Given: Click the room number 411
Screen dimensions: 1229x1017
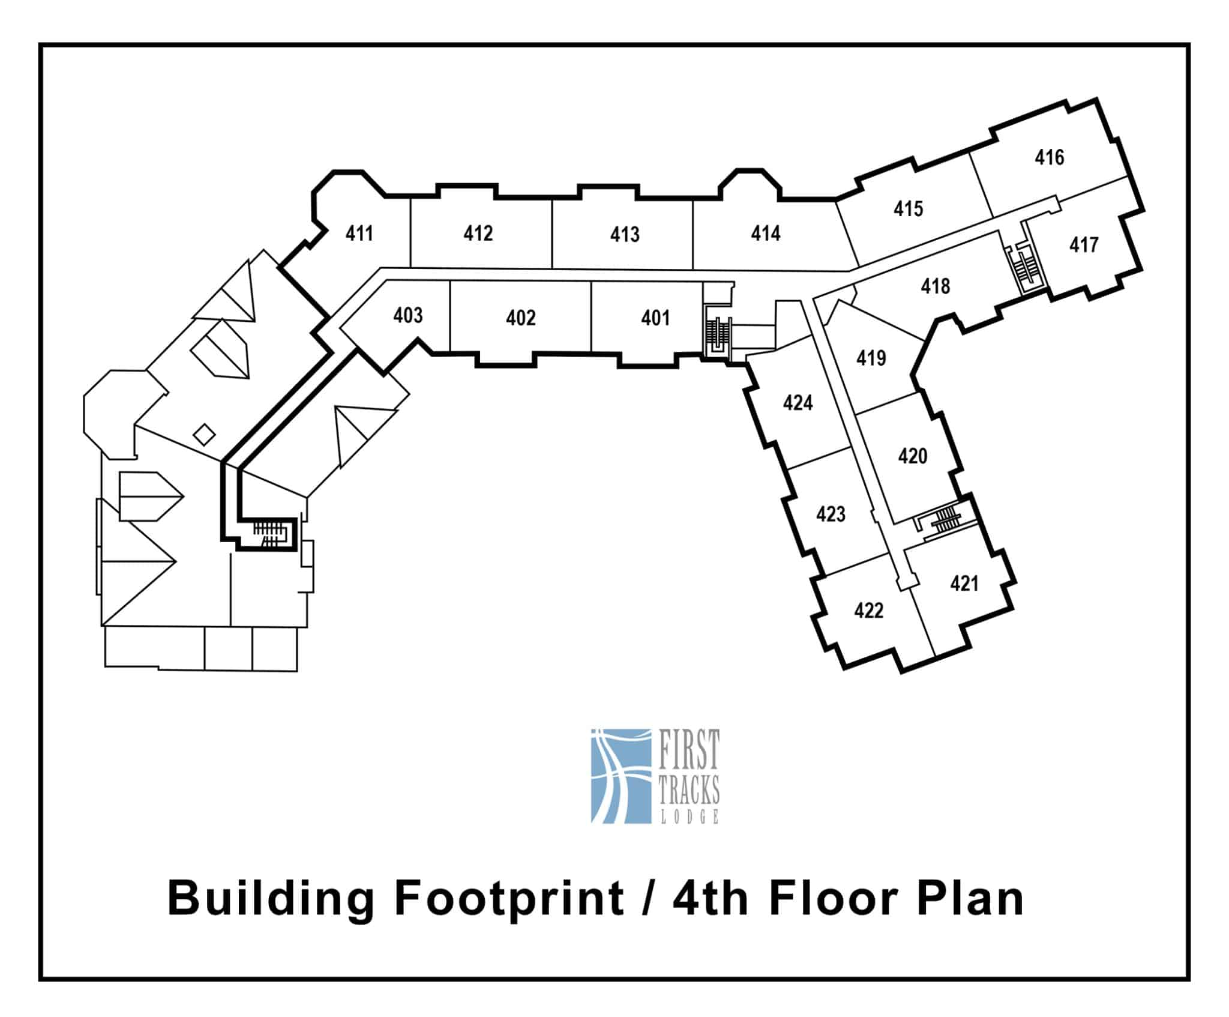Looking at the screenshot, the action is pyautogui.click(x=359, y=233).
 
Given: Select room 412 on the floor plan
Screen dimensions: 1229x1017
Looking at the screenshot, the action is pyautogui.click(x=478, y=233).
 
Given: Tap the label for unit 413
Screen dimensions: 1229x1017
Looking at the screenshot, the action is pyautogui.click(x=625, y=234).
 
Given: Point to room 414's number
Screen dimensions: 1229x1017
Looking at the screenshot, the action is pyautogui.click(x=766, y=233).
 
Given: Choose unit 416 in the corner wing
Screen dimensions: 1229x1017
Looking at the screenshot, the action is pyautogui.click(x=1050, y=157).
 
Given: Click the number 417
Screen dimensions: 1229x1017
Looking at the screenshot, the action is pyautogui.click(x=1084, y=245).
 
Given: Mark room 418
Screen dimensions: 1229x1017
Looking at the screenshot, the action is pyautogui.click(x=936, y=286).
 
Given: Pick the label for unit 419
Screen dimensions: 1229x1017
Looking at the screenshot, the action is pyautogui.click(x=871, y=358).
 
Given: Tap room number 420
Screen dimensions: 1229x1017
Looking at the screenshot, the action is pyautogui.click(x=913, y=456).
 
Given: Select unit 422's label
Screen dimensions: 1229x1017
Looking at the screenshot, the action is pyautogui.click(x=869, y=611).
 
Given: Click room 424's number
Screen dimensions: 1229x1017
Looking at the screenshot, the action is pyautogui.click(x=798, y=403).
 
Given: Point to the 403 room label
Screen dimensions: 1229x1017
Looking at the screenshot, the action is pyautogui.click(x=408, y=315).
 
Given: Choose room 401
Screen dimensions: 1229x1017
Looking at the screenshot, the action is pyautogui.click(x=655, y=318).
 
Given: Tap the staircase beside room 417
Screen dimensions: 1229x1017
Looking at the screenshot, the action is pyautogui.click(x=1027, y=268).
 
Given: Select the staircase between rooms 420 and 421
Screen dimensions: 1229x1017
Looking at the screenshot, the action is pyautogui.click(x=943, y=520).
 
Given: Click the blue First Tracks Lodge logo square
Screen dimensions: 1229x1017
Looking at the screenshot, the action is pyautogui.click(x=621, y=776).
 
